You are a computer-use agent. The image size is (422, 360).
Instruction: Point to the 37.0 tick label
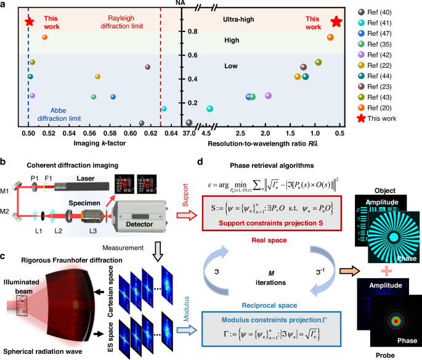click(189, 133)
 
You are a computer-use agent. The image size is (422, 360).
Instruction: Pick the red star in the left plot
click(29, 22)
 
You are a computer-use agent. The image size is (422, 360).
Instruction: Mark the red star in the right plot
click(336, 22)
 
